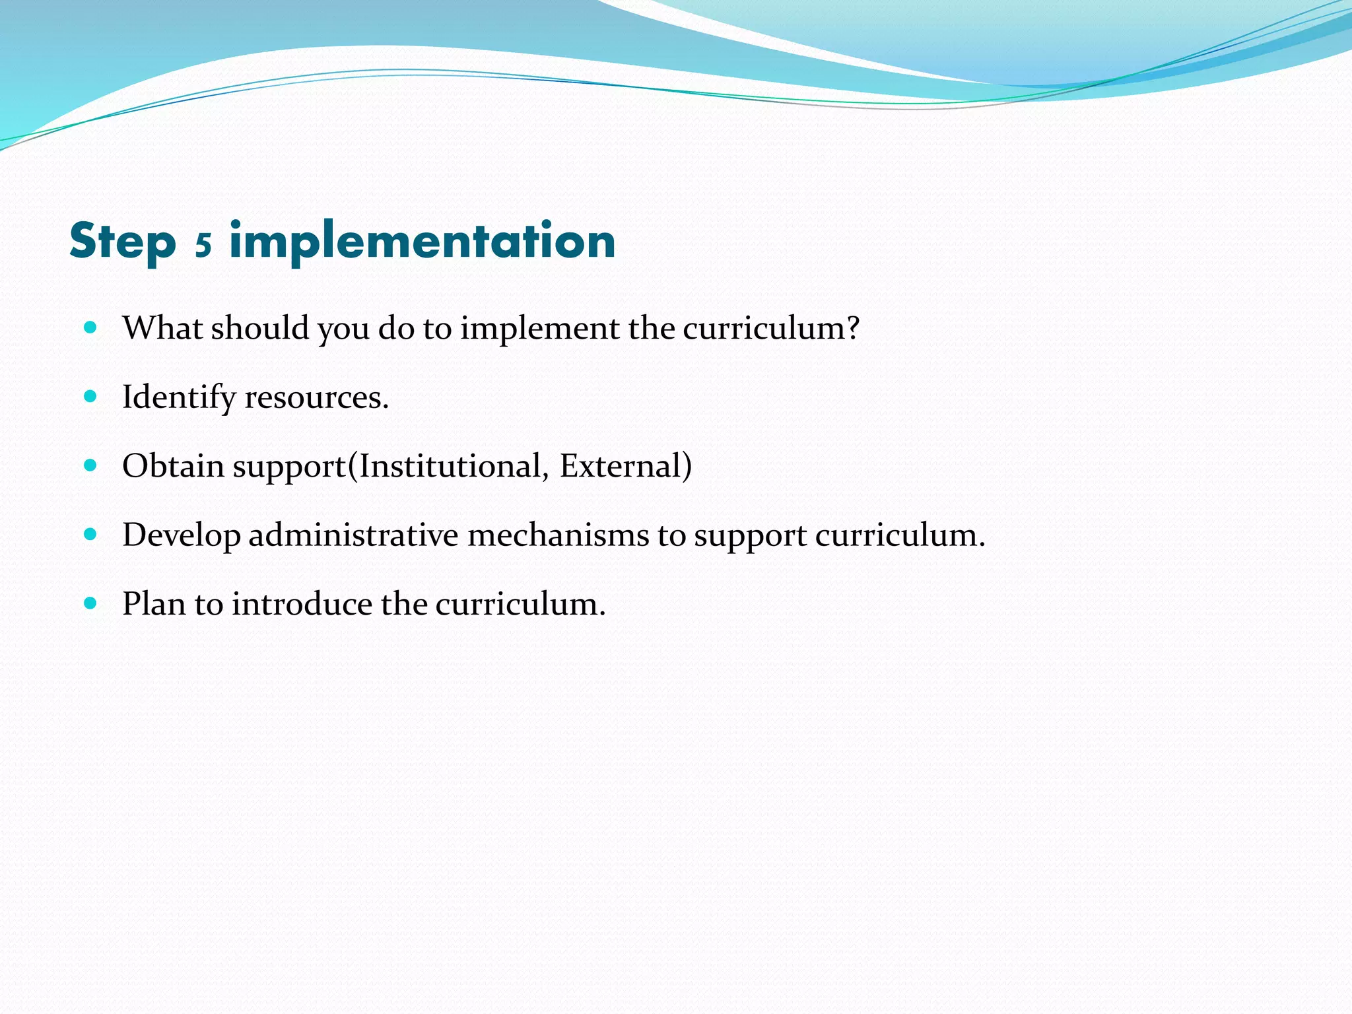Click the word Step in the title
click(x=123, y=242)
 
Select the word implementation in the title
click(x=422, y=242)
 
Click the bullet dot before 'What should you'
click(x=91, y=327)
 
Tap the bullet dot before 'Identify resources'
click(x=91, y=396)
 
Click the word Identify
click(x=179, y=397)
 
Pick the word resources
click(x=316, y=397)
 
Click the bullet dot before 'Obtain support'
click(x=91, y=465)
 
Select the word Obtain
click(x=174, y=466)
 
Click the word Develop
click(x=182, y=535)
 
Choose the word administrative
click(x=353, y=535)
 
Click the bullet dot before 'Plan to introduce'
click(x=91, y=603)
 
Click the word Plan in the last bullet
click(x=154, y=604)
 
